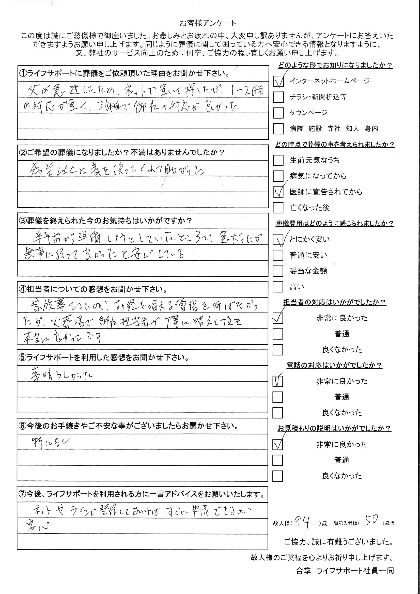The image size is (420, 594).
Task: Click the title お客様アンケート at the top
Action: [208, 23]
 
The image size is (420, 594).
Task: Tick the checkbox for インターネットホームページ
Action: [278, 82]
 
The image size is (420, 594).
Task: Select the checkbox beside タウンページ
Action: [278, 113]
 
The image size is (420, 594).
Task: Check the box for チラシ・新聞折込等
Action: [278, 97]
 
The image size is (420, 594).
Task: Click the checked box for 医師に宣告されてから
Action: [278, 192]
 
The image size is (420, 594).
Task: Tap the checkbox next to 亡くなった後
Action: [278, 208]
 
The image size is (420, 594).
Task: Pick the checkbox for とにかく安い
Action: [278, 240]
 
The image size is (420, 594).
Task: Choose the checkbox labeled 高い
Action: [278, 287]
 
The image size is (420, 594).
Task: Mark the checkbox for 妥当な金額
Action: [278, 271]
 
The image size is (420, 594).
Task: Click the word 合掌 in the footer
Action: [303, 584]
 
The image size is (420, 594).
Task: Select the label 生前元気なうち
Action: [314, 160]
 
